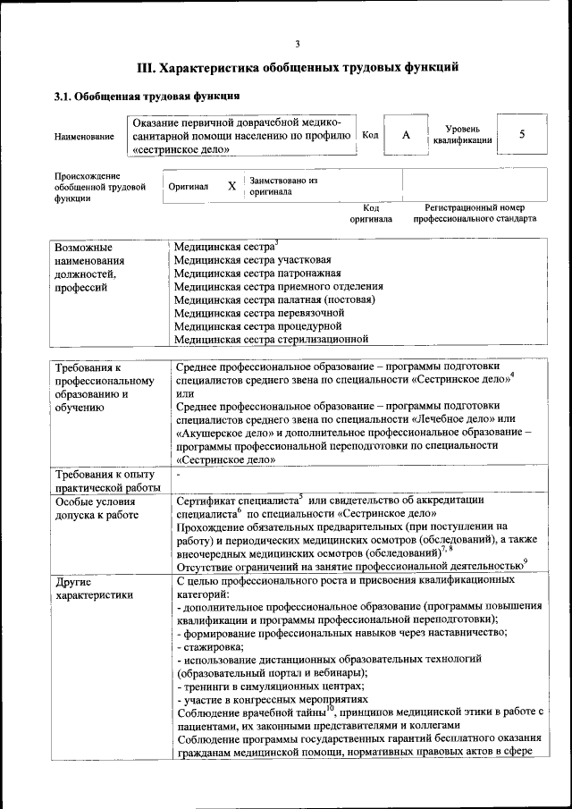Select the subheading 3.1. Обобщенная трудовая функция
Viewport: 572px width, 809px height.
[x=147, y=95]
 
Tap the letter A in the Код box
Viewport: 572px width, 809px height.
[x=406, y=134]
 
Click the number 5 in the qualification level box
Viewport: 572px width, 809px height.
[x=522, y=134]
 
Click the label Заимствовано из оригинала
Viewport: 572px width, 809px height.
[x=283, y=186]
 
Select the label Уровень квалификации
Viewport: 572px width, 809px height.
[x=461, y=134]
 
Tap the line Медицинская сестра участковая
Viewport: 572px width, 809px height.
[x=246, y=259]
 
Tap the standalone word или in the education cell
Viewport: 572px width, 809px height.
[x=185, y=394]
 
